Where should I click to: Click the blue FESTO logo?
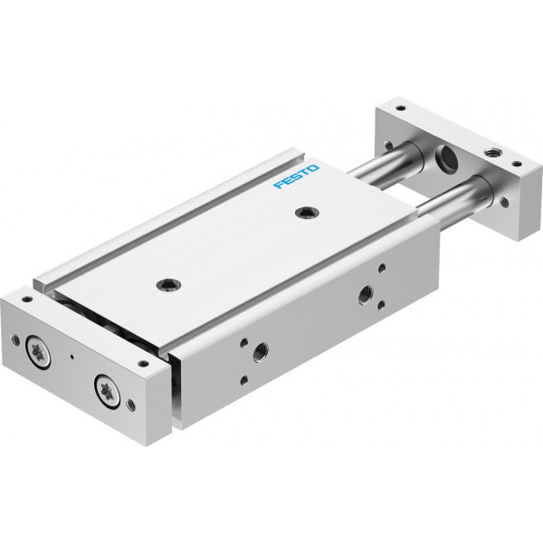[x=296, y=176]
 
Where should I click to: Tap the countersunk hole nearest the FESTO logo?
[x=307, y=213]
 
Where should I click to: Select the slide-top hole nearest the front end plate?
[x=168, y=285]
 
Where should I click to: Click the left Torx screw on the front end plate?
[x=38, y=353]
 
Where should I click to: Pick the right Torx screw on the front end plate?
[x=107, y=391]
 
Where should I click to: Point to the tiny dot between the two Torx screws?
[x=72, y=357]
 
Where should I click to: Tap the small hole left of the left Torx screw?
[x=15, y=339]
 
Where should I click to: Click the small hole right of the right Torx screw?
[x=131, y=405]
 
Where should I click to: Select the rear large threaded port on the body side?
[x=366, y=295]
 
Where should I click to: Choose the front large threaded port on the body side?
[x=260, y=352]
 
